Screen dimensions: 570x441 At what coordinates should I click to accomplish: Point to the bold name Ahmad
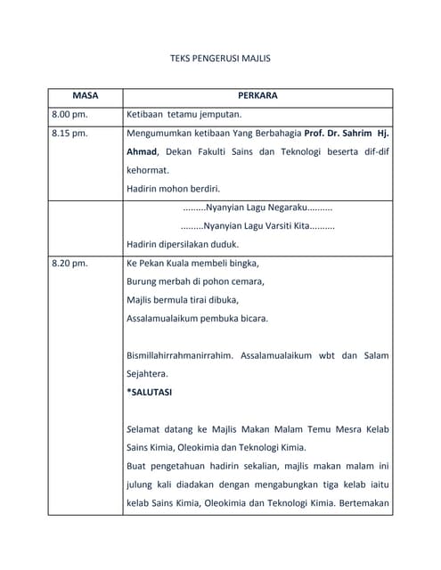click(x=143, y=151)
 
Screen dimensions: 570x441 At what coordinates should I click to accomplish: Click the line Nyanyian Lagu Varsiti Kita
click(x=257, y=226)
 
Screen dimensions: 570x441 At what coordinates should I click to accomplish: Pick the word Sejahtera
click(x=147, y=374)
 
